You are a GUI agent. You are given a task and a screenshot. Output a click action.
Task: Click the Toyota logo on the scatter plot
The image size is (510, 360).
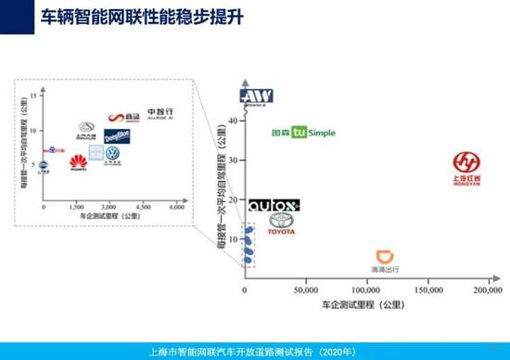[x=281, y=225]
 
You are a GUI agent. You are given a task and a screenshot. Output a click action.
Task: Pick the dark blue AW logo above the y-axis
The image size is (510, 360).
[x=253, y=96]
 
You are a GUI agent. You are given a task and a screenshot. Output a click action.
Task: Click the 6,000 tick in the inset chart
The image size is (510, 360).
[x=176, y=207]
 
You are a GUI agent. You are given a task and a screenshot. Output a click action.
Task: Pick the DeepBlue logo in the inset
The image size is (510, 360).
[x=117, y=137]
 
